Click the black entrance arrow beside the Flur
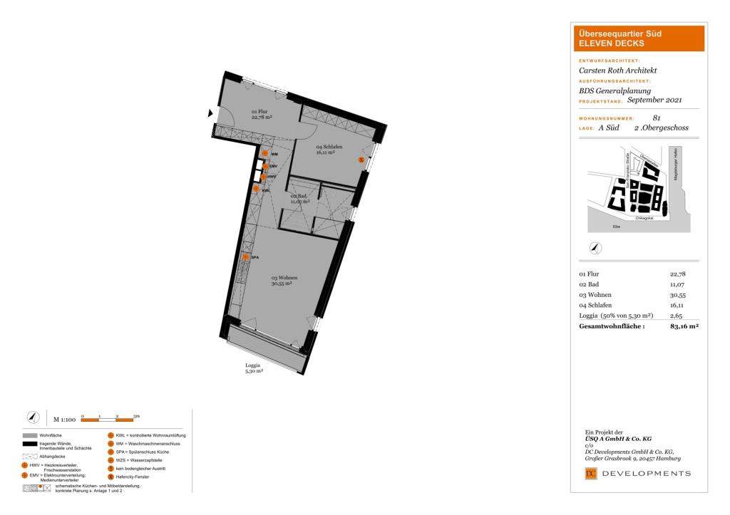(x=210, y=113)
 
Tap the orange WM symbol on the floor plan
(x=264, y=153)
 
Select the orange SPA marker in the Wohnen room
(x=245, y=257)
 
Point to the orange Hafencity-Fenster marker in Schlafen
(x=361, y=160)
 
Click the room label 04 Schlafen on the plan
(x=330, y=146)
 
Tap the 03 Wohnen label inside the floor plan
(x=283, y=277)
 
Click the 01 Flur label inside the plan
(x=259, y=112)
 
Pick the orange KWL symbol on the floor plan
(x=256, y=189)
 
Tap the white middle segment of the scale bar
(x=108, y=421)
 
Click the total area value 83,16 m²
(x=684, y=326)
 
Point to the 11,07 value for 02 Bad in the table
(x=677, y=283)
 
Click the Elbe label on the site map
(x=617, y=227)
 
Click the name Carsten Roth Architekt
(x=617, y=71)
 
